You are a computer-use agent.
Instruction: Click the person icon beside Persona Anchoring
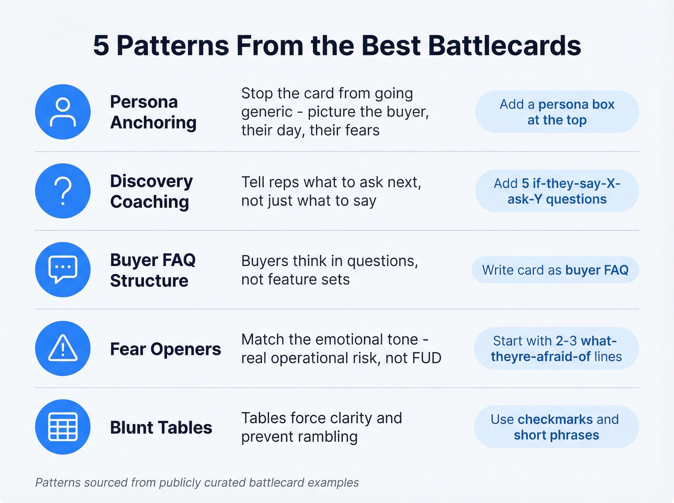63,112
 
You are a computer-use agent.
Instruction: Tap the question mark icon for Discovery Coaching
63,191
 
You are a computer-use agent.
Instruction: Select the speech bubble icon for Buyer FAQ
63,270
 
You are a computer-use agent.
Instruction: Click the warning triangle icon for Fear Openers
63,348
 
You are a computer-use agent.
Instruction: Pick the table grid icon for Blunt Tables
63,427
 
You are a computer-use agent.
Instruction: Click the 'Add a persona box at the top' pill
557,112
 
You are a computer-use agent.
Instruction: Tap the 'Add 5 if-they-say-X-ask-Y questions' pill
557,191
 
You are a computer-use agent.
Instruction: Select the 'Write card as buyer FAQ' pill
555,270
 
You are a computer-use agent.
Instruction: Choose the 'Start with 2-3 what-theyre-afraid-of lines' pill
556,348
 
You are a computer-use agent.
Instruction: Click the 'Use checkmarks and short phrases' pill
556,427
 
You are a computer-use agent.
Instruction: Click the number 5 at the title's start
101,46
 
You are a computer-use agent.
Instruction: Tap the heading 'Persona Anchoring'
153,112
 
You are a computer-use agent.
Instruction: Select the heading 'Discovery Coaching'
151,191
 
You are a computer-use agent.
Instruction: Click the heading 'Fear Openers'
165,349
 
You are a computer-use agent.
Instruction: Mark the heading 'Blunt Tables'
161,427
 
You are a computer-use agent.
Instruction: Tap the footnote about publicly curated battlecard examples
197,482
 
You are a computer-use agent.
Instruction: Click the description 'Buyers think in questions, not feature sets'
329,270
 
